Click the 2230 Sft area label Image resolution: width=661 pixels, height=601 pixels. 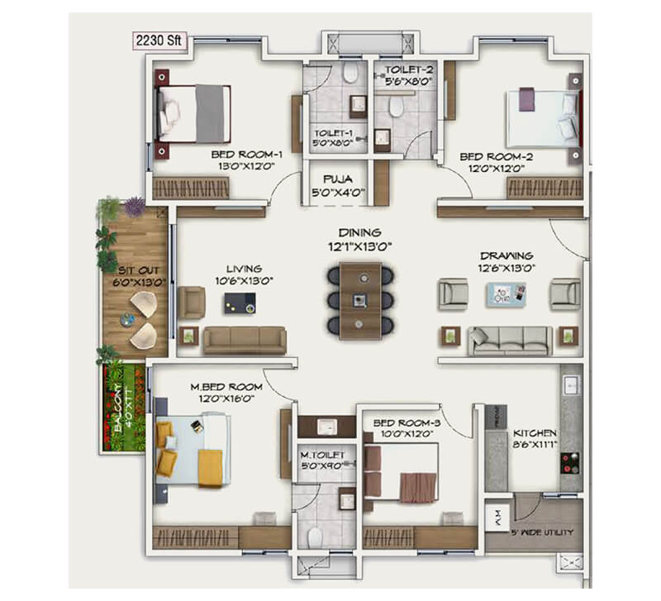[157, 38]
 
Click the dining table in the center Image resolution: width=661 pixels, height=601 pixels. [359, 299]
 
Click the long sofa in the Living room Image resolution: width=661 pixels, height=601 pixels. [245, 340]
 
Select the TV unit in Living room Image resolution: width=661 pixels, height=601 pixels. [239, 303]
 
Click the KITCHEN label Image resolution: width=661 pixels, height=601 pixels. [535, 438]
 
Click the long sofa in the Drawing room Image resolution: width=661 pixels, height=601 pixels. [510, 340]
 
